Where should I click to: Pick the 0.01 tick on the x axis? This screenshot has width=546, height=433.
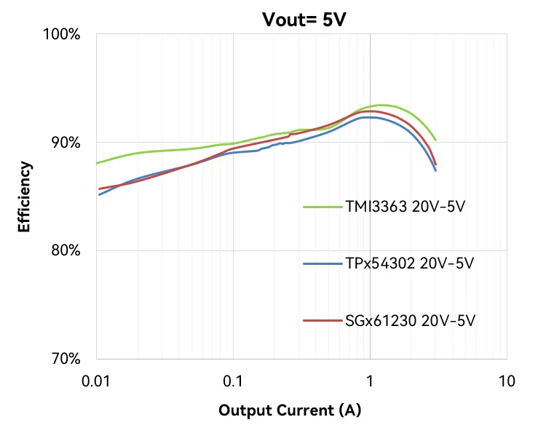coord(96,381)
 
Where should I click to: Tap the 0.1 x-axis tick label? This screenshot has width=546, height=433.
coord(233,381)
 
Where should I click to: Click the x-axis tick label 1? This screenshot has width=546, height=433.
coord(370,381)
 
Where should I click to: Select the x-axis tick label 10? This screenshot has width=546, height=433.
coord(507,381)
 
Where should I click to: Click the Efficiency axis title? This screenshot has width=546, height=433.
coord(25,196)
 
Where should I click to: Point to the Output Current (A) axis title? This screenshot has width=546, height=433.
coord(290,410)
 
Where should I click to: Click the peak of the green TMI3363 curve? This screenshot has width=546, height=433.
coord(383,105)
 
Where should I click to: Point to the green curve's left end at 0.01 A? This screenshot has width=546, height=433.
coord(97,163)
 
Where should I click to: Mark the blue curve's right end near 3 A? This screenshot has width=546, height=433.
coord(435,170)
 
